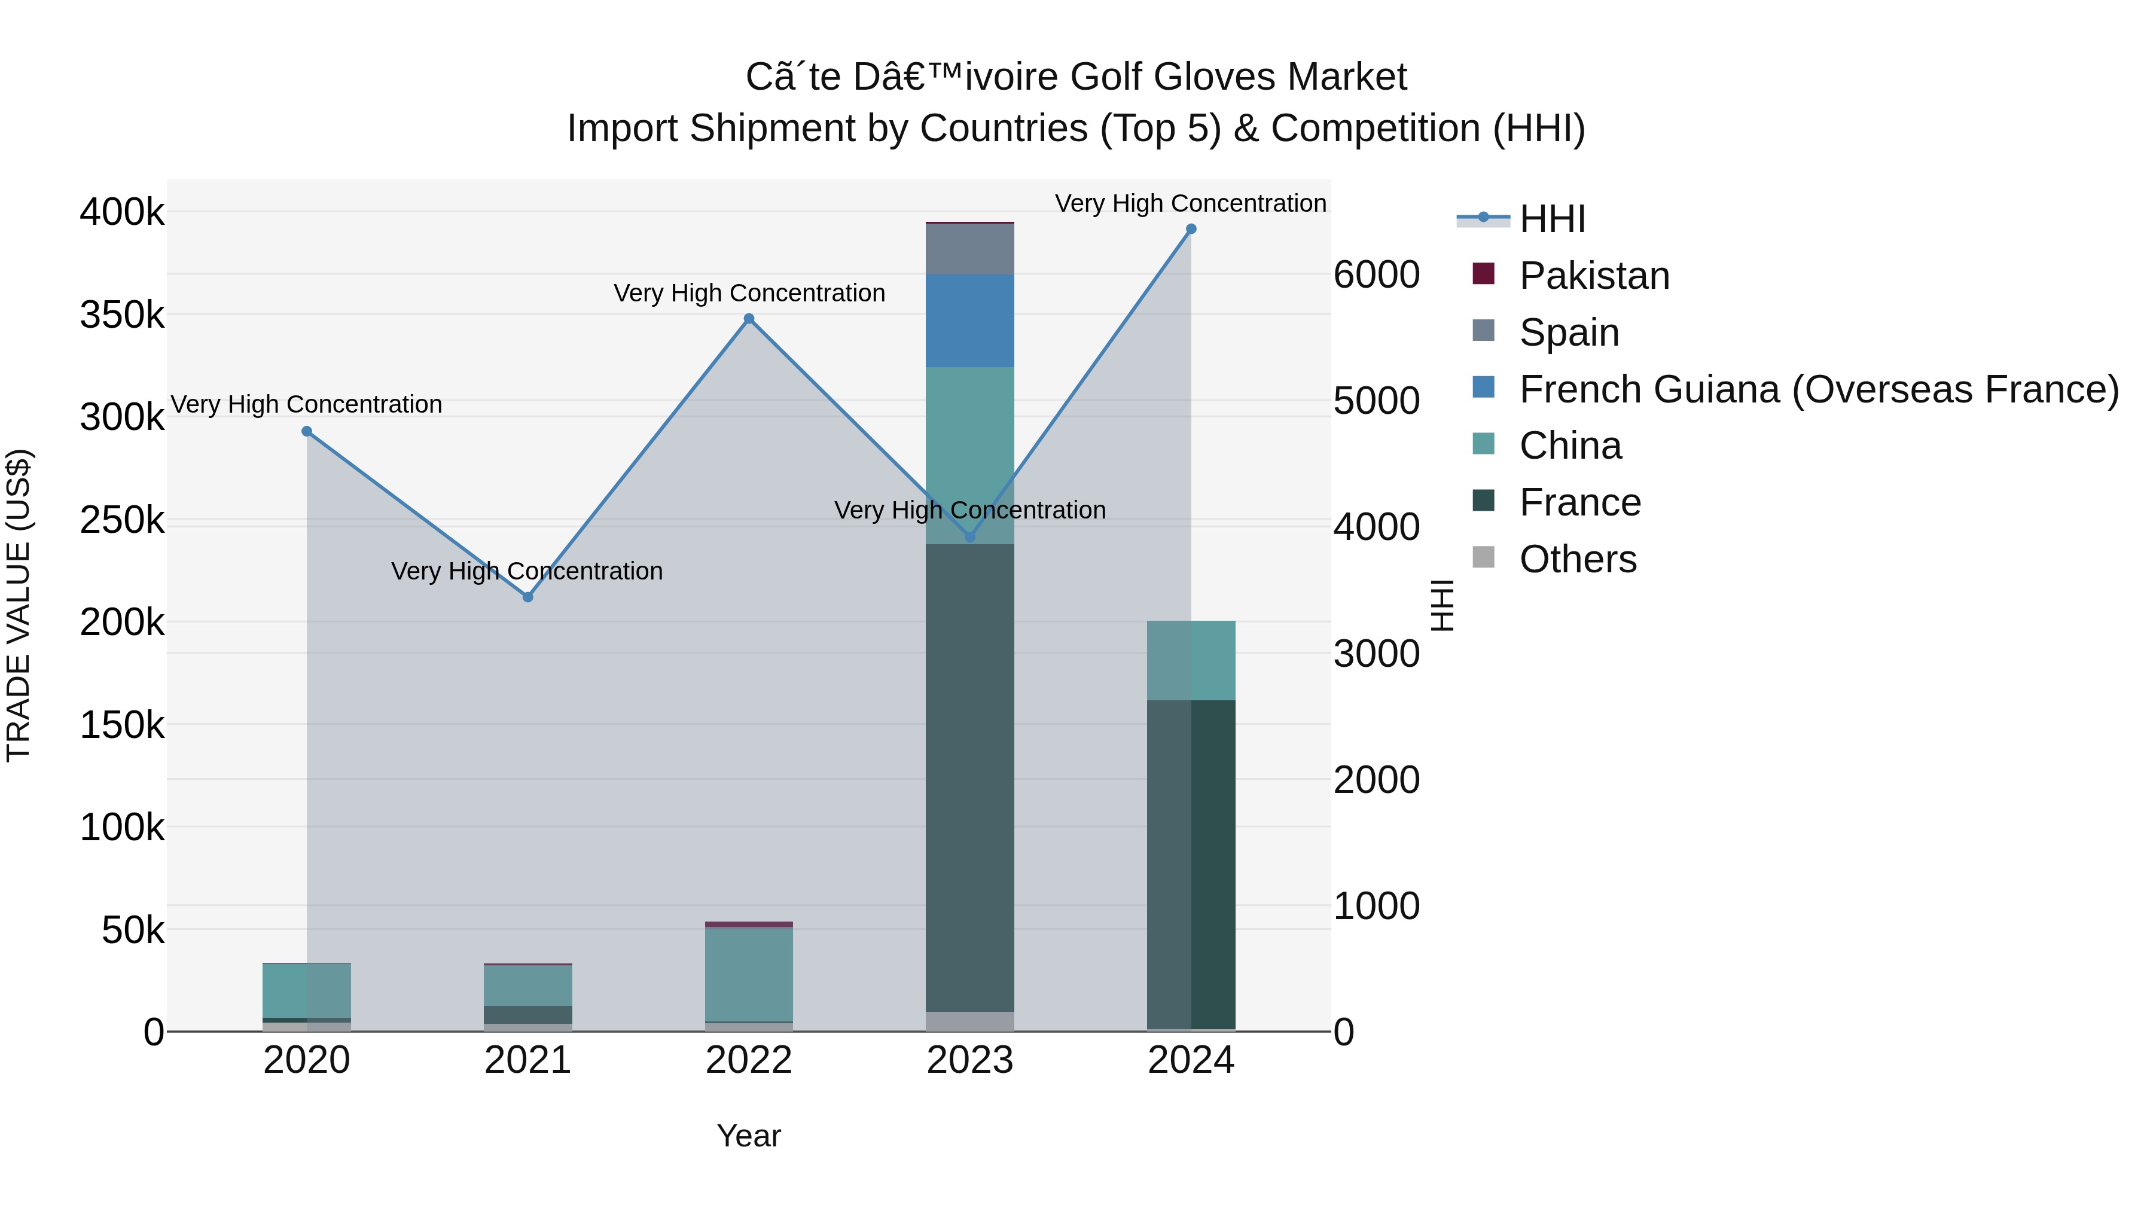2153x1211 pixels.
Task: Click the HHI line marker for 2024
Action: pyautogui.click(x=1191, y=229)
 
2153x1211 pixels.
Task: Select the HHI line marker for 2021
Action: pyautogui.click(x=527, y=597)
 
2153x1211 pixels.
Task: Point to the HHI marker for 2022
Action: pyautogui.click(x=749, y=318)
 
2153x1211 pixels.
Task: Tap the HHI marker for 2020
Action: pyautogui.click(x=307, y=431)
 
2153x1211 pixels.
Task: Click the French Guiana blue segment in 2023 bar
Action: pyautogui.click(x=969, y=321)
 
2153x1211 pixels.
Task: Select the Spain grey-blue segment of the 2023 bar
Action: pyautogui.click(x=969, y=249)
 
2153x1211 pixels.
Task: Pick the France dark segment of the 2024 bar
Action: pyautogui.click(x=1191, y=865)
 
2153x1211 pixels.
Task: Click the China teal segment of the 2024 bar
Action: pyautogui.click(x=1191, y=660)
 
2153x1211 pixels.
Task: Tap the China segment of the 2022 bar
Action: pyautogui.click(x=749, y=974)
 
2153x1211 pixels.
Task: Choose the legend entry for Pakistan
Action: pyautogui.click(x=1593, y=276)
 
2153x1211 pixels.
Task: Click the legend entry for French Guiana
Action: pyautogui.click(x=1818, y=389)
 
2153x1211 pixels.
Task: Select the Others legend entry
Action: pyautogui.click(x=1577, y=559)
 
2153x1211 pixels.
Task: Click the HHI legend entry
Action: pyautogui.click(x=1551, y=219)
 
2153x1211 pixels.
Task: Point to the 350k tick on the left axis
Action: pyautogui.click(x=122, y=316)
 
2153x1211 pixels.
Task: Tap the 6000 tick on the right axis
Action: pyautogui.click(x=1376, y=275)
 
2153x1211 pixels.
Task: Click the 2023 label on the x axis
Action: pyautogui.click(x=969, y=1060)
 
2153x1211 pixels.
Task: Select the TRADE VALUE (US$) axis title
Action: pyautogui.click(x=19, y=605)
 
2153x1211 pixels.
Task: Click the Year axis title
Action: pyautogui.click(x=749, y=1136)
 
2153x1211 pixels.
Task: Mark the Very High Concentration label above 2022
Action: pyautogui.click(x=749, y=294)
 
